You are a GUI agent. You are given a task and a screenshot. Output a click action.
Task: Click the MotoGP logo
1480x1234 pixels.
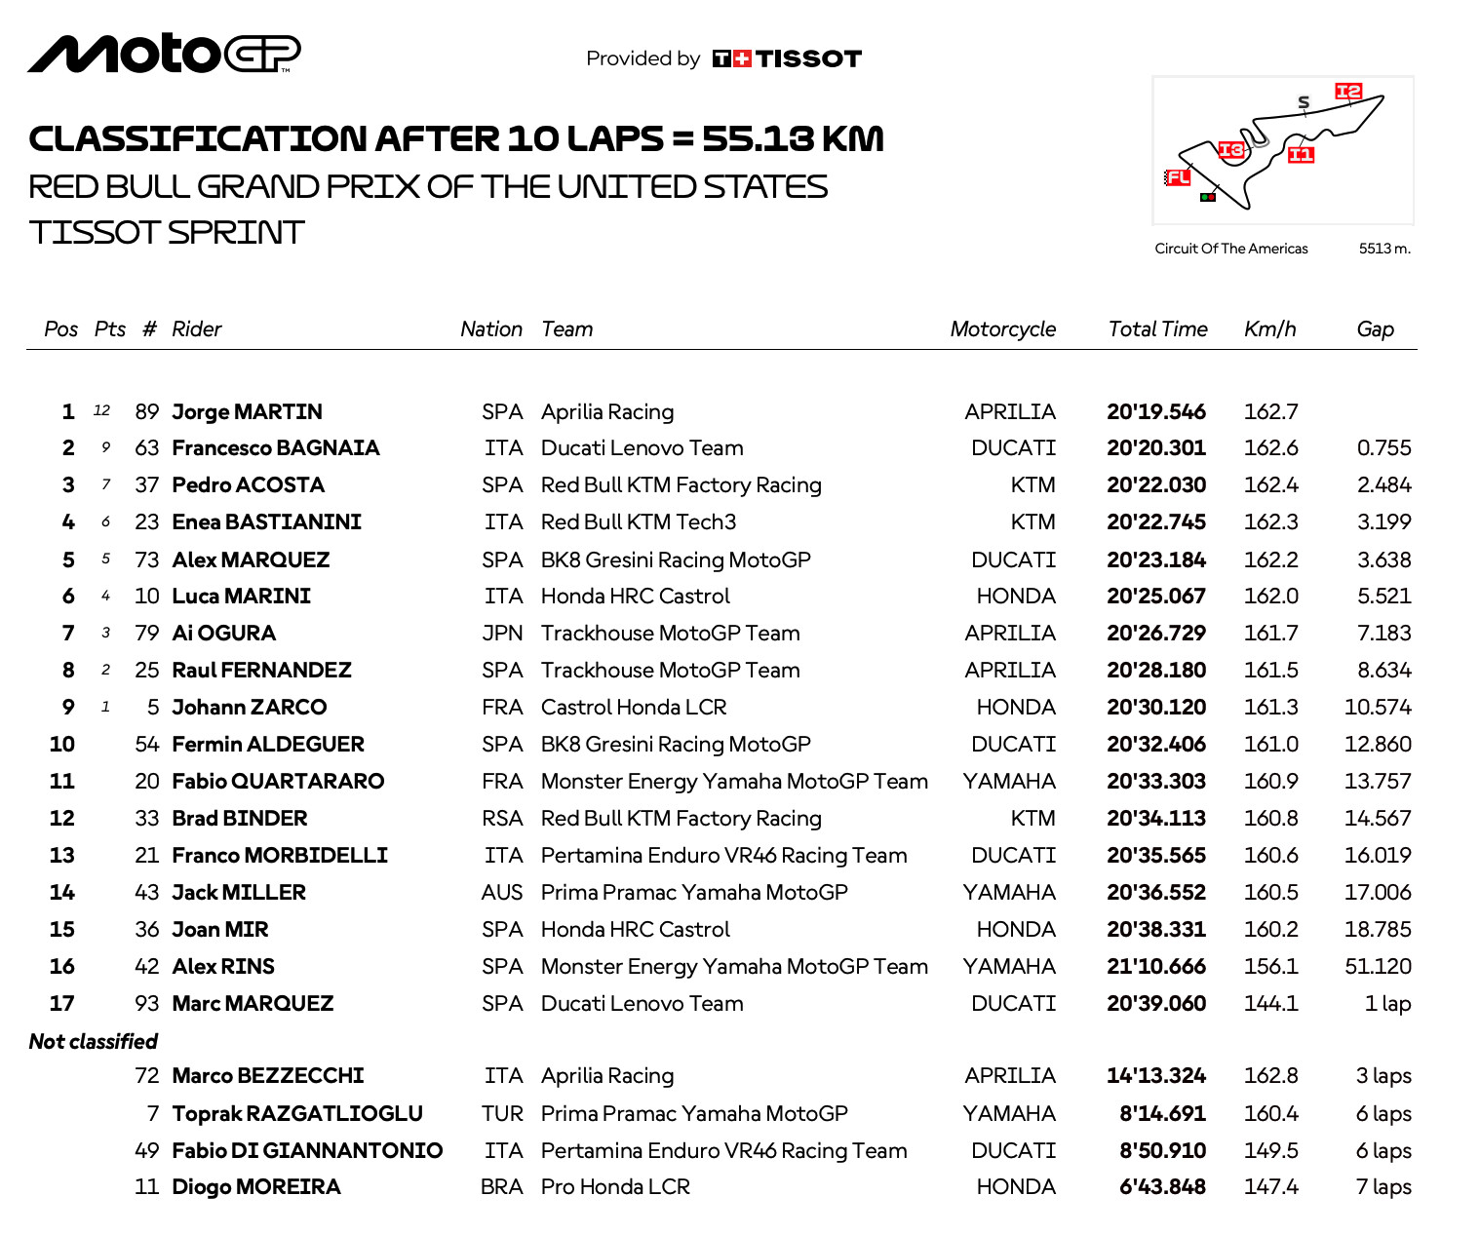point(164,54)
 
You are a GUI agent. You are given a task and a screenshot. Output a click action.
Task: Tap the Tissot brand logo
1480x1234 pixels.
point(787,58)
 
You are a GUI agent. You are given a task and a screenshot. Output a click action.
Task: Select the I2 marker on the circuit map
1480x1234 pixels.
point(1348,92)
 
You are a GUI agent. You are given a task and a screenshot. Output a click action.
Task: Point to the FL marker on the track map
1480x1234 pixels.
point(1178,177)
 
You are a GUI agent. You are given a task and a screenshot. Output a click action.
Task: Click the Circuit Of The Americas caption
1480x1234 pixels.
point(1230,249)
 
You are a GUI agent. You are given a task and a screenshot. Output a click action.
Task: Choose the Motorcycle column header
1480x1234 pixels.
point(1002,329)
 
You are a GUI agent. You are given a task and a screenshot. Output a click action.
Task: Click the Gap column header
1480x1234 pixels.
point(1375,329)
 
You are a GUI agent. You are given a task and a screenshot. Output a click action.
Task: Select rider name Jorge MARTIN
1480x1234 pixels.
point(247,411)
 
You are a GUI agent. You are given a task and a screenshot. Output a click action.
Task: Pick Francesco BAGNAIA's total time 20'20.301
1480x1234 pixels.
point(1155,448)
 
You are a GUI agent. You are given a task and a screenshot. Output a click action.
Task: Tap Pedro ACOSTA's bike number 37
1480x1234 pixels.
point(146,485)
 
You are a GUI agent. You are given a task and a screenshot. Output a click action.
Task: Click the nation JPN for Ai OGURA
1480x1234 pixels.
point(502,634)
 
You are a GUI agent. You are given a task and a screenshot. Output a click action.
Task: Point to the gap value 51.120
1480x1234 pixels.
point(1378,967)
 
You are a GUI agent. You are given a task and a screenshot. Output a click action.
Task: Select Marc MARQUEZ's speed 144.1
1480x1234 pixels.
point(1270,1004)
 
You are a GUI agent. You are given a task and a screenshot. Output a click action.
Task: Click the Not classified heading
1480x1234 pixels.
point(94,1042)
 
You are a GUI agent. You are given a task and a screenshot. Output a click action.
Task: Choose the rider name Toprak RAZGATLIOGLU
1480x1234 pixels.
point(297,1114)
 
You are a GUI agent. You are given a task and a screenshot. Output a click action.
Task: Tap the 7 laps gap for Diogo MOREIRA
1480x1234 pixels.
point(1383,1187)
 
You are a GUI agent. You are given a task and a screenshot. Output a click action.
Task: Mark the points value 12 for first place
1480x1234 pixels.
point(101,411)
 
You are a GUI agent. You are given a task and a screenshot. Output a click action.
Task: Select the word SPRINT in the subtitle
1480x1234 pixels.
point(236,233)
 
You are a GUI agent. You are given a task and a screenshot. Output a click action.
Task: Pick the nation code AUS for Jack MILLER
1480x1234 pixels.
point(502,893)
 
